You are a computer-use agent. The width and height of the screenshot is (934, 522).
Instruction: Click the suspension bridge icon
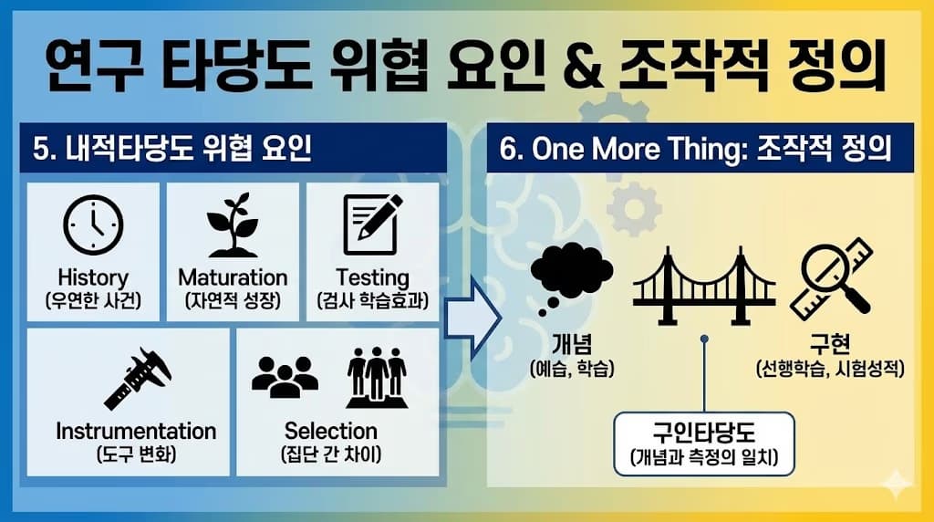704,277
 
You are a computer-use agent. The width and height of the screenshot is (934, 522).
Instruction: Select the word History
93,277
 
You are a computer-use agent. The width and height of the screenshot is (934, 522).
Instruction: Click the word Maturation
233,277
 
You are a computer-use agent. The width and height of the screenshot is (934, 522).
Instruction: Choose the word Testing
372,277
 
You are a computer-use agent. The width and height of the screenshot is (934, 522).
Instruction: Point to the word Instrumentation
137,431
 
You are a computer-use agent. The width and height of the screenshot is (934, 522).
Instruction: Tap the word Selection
330,431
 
